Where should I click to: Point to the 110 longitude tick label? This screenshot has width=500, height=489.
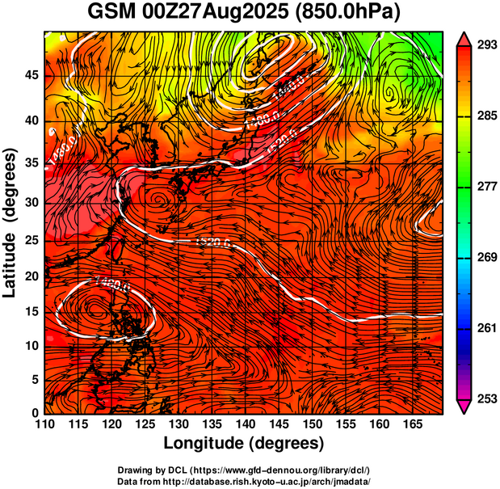tap(44, 424)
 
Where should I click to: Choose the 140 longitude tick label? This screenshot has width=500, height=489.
tap(244, 424)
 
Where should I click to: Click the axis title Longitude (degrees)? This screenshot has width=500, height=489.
tap(244, 443)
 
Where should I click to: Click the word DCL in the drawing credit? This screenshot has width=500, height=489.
tap(179, 469)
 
